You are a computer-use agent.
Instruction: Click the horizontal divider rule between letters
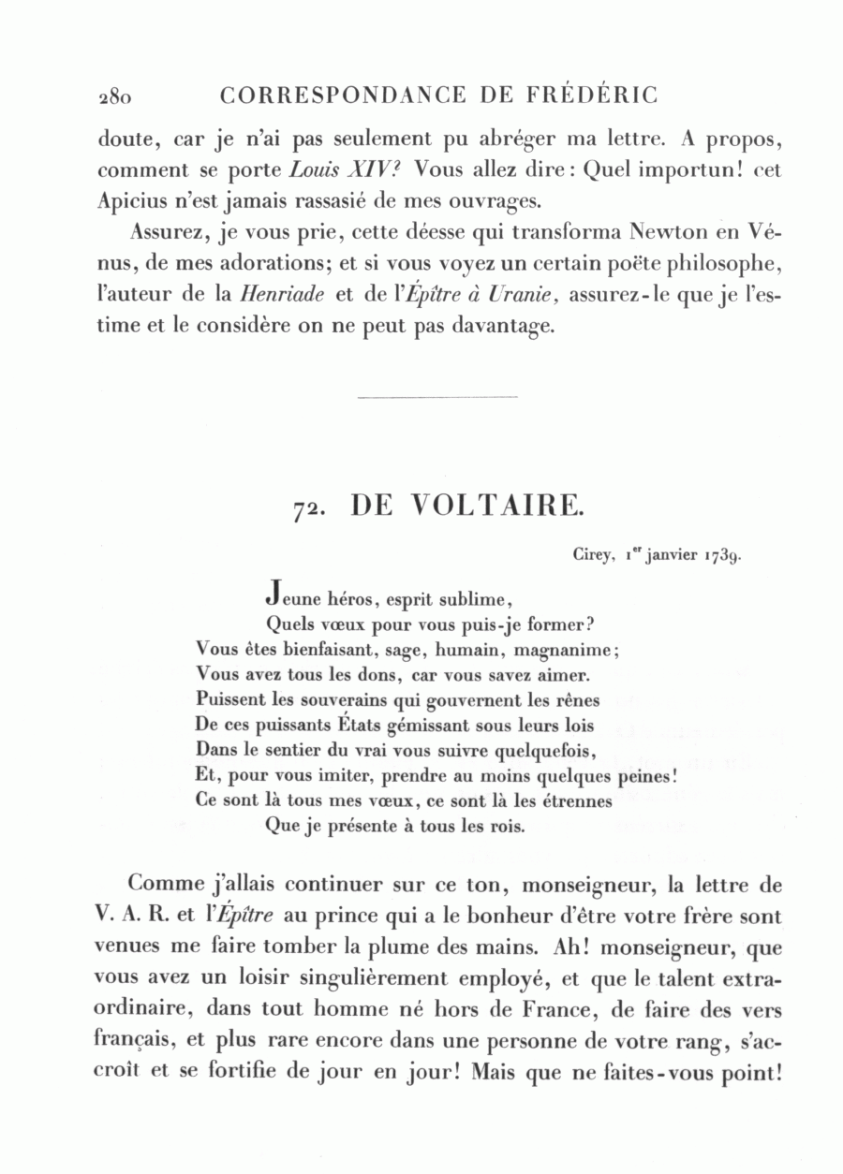(x=437, y=398)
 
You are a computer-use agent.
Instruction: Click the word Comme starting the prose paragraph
(x=166, y=883)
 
